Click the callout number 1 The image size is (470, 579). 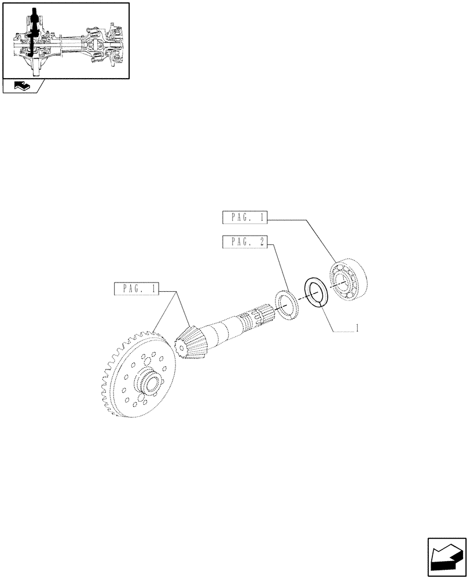[x=358, y=328]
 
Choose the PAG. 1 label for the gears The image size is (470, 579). [x=138, y=288]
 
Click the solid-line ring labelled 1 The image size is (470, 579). [x=317, y=291]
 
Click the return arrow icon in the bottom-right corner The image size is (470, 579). [x=447, y=557]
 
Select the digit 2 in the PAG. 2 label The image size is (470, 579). [x=261, y=242]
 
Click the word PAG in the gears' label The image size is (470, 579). [x=130, y=288]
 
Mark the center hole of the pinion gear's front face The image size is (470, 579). [x=180, y=347]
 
